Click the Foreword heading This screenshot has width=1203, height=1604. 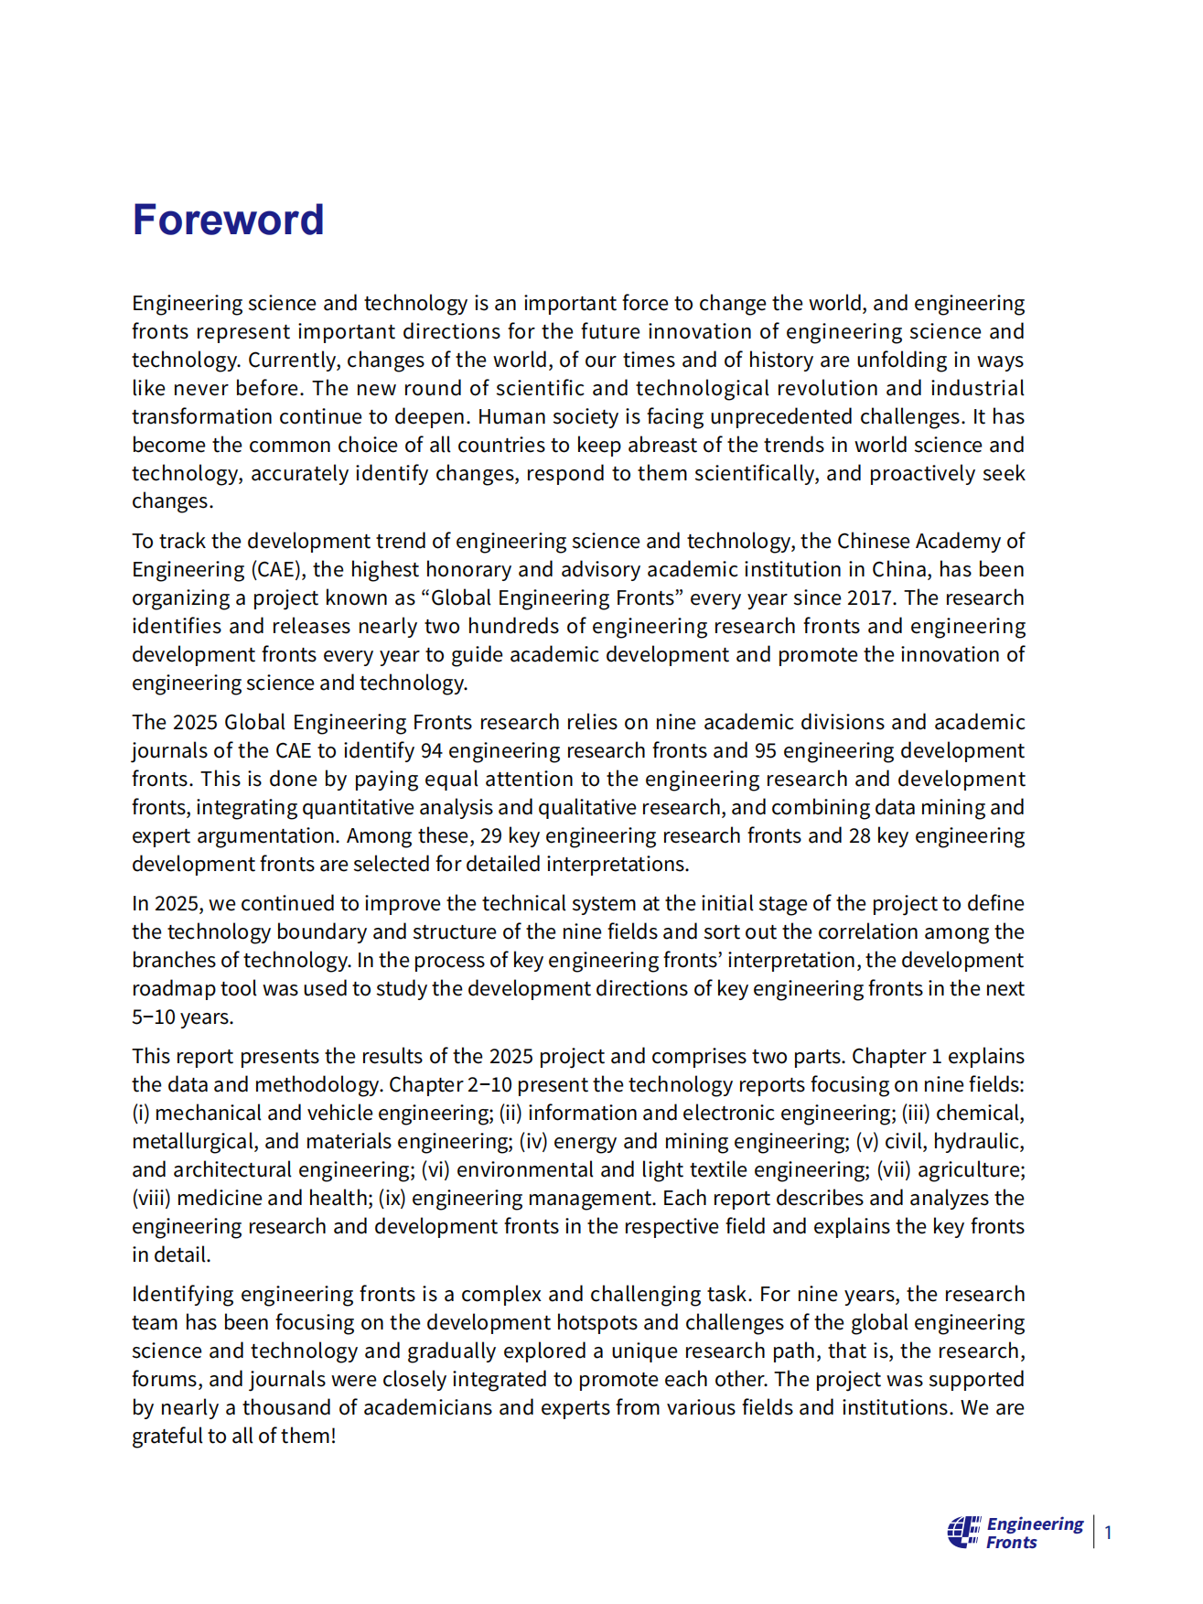click(x=228, y=221)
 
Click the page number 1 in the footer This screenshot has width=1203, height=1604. click(x=1108, y=1532)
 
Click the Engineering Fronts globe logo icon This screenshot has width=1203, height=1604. click(x=963, y=1531)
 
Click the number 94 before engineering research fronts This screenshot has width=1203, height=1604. click(x=431, y=750)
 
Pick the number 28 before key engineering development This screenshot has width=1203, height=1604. click(x=859, y=835)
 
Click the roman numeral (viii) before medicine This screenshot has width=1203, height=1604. click(x=151, y=1198)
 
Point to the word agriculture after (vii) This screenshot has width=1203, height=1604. click(x=970, y=1169)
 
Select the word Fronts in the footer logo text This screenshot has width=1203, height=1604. click(x=1011, y=1542)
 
